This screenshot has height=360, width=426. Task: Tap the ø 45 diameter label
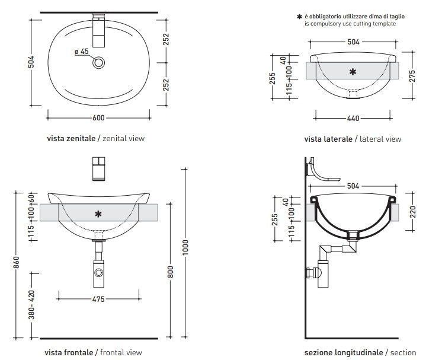[x=82, y=52]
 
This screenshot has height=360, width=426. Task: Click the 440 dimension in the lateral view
[x=353, y=119]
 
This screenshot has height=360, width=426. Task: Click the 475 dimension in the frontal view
[x=98, y=300]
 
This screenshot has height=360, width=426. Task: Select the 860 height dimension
[x=17, y=264]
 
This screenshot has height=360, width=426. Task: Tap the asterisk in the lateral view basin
[x=353, y=72]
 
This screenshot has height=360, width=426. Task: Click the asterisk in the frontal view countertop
[x=99, y=212]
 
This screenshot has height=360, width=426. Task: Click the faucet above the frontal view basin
[x=99, y=168]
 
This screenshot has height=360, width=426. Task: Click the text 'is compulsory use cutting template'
[x=350, y=24]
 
